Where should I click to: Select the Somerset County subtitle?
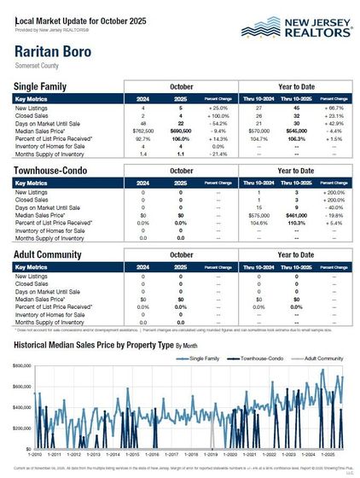point(38,63)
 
